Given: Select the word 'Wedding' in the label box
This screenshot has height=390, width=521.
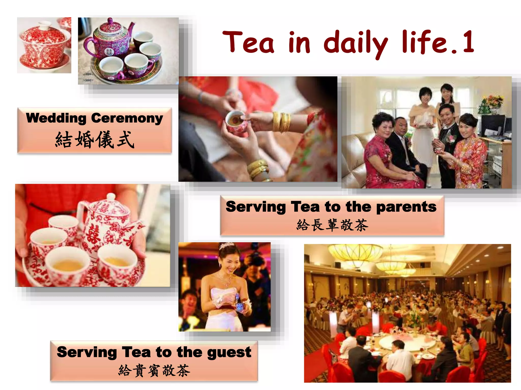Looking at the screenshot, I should click(x=56, y=118).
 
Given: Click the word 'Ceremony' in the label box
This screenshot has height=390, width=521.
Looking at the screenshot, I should click(x=127, y=118).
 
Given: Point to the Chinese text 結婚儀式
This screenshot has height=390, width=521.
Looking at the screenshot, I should click(x=95, y=140).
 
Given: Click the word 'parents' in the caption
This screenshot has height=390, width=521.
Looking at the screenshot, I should click(x=406, y=207).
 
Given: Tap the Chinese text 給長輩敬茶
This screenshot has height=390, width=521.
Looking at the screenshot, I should click(x=332, y=225).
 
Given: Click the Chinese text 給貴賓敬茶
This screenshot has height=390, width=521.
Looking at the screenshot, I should click(x=154, y=370).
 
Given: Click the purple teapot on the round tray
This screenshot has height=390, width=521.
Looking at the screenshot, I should click(x=109, y=41).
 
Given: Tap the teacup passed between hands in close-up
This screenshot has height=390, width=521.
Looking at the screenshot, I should click(x=235, y=121).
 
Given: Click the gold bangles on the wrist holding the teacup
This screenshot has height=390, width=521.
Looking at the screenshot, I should click(x=281, y=122).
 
